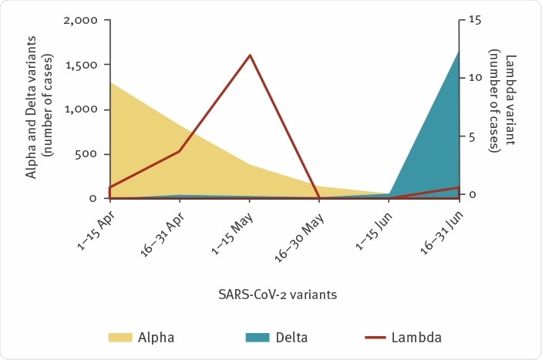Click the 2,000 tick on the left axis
(80, 20)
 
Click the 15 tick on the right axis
(476, 20)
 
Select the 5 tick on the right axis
(473, 137)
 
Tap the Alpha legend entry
(142, 337)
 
